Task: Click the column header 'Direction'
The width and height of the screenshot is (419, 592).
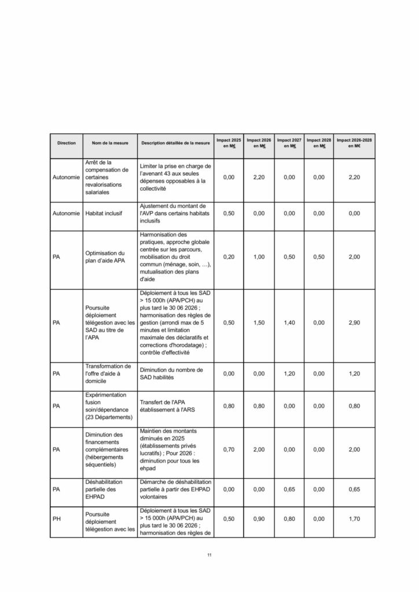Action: pyautogui.click(x=66, y=143)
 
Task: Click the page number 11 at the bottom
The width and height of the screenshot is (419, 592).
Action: pyautogui.click(x=209, y=556)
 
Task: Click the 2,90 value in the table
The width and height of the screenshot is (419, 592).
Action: pyautogui.click(x=354, y=325)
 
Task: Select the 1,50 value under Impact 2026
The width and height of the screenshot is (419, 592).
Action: pyautogui.click(x=259, y=325)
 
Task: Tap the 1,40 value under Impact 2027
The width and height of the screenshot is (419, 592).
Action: pyautogui.click(x=289, y=325)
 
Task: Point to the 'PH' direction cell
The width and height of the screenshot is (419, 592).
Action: pyautogui.click(x=57, y=519)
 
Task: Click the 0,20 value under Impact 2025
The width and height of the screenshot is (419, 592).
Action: pyautogui.click(x=229, y=257)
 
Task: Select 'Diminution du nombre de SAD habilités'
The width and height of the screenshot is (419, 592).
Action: pyautogui.click(x=173, y=373)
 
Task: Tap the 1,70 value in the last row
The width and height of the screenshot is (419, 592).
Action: pyautogui.click(x=354, y=519)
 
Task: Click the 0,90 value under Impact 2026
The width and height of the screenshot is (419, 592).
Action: pyautogui.click(x=259, y=519)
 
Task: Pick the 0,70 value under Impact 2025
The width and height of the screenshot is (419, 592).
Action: pyautogui.click(x=229, y=449)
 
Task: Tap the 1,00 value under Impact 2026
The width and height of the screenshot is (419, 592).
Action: pyautogui.click(x=259, y=257)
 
